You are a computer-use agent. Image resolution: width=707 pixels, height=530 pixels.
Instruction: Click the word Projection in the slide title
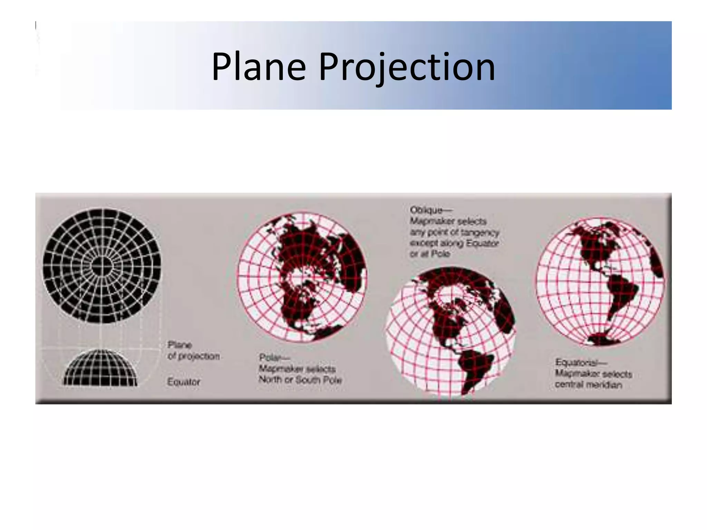407,67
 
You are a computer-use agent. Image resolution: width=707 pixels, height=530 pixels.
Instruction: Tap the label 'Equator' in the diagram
184,382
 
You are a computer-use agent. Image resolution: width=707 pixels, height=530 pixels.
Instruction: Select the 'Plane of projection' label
193,351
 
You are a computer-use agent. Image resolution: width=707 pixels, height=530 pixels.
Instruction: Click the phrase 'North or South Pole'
300,380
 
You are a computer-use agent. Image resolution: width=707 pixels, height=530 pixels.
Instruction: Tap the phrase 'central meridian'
588,385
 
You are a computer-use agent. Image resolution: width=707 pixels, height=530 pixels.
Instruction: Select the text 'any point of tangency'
455,232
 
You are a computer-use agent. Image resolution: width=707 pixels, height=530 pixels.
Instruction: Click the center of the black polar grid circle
102,266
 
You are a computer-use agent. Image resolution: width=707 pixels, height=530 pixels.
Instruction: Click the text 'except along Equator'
454,243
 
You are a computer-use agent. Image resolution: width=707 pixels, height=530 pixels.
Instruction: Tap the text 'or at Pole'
430,254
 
